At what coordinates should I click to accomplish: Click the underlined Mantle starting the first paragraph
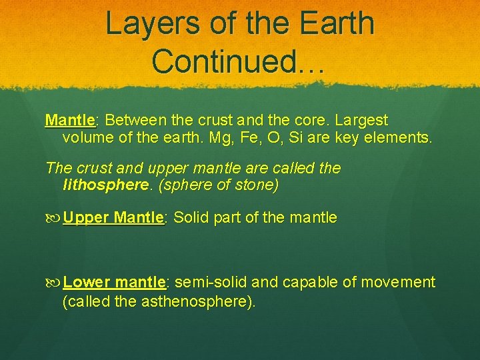click(x=70, y=121)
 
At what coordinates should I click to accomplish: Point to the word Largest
click(x=361, y=121)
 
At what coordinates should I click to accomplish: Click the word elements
click(x=400, y=139)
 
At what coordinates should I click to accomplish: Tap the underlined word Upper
click(x=87, y=218)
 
